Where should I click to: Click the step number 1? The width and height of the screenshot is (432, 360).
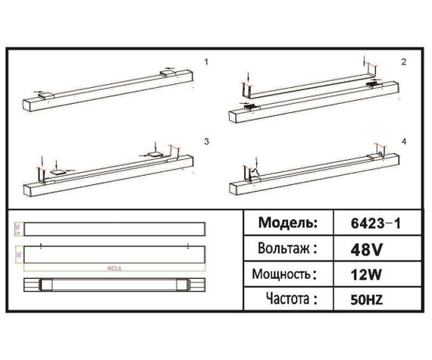pos(206,61)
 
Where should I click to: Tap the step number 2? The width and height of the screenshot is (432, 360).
pos(404,61)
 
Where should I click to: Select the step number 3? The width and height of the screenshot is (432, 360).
pos(206,142)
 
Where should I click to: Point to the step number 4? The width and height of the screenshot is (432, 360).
pos(404,142)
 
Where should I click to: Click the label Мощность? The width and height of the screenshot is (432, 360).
pos(287,274)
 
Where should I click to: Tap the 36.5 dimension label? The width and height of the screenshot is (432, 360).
pos(16,228)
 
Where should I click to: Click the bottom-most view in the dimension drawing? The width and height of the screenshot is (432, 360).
pos(114,286)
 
